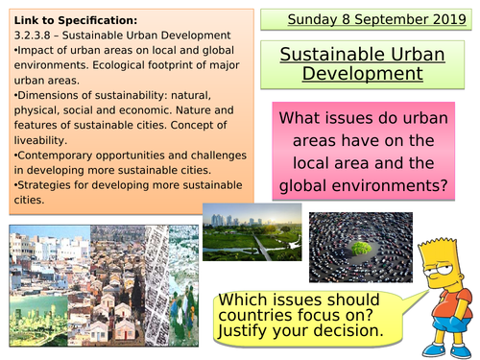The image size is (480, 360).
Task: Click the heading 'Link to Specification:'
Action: [x=63, y=18]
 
